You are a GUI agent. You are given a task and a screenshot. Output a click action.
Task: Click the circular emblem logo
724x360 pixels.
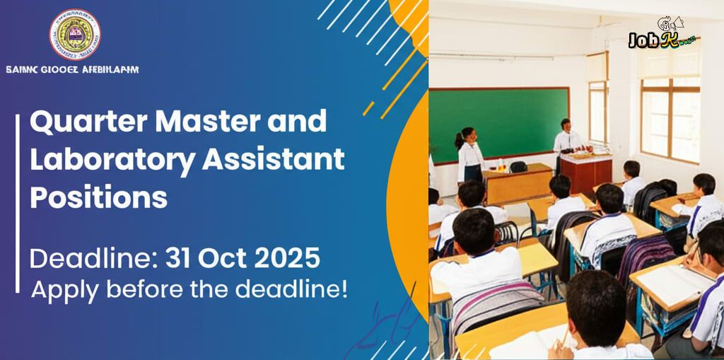[74, 34]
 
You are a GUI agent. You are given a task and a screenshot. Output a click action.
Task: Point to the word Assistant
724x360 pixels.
[274, 161]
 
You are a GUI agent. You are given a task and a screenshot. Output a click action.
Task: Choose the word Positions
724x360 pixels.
[98, 197]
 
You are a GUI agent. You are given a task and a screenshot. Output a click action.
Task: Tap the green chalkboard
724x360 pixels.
[498, 124]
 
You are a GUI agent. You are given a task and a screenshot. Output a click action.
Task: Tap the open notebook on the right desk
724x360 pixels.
[672, 280]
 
